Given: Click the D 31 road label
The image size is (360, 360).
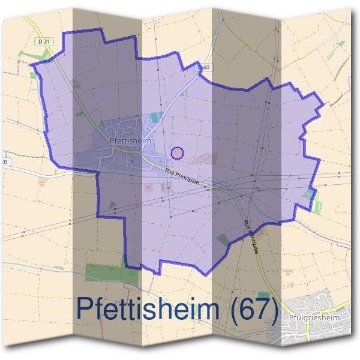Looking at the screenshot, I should click(x=41, y=41).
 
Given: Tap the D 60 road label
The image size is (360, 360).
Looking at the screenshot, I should click(x=205, y=68).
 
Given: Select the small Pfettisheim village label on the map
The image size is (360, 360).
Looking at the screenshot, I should click(x=129, y=141).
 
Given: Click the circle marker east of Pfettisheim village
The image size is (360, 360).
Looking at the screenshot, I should click(x=177, y=153).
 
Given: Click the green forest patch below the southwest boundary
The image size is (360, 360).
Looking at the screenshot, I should click(x=111, y=273).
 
